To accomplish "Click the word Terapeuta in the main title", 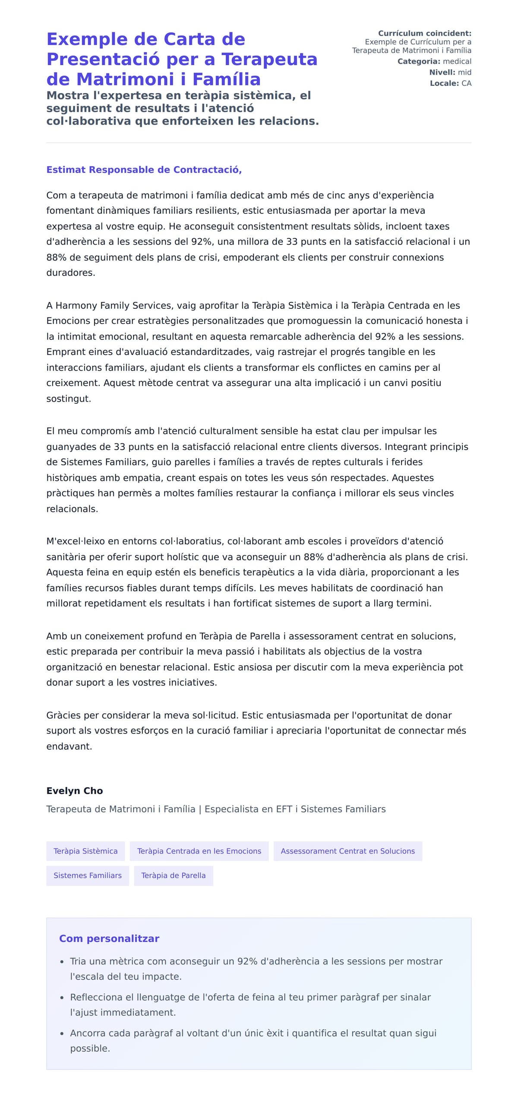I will pos(269,59).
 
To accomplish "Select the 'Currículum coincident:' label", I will pos(424,33).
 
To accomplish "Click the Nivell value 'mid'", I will pos(464,72).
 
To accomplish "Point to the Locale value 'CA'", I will pos(466,83).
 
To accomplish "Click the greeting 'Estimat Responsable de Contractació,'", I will pos(144,170).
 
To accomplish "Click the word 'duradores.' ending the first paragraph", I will pos(71,273).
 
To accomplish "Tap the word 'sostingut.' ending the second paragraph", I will pos(69,399).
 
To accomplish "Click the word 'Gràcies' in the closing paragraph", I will pos(63,715).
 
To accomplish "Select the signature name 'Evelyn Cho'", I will pos(74,791).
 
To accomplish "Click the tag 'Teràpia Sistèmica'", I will pos(85,851).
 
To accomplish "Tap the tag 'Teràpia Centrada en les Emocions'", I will pos(199,851).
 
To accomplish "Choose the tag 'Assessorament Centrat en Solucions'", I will pos(347,851).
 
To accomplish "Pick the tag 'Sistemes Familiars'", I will pos(88,876).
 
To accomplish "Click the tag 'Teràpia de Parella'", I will pos(173,876).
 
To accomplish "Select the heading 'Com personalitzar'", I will pos(109,939).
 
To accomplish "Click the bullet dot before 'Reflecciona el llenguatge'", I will pos(62,998).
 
